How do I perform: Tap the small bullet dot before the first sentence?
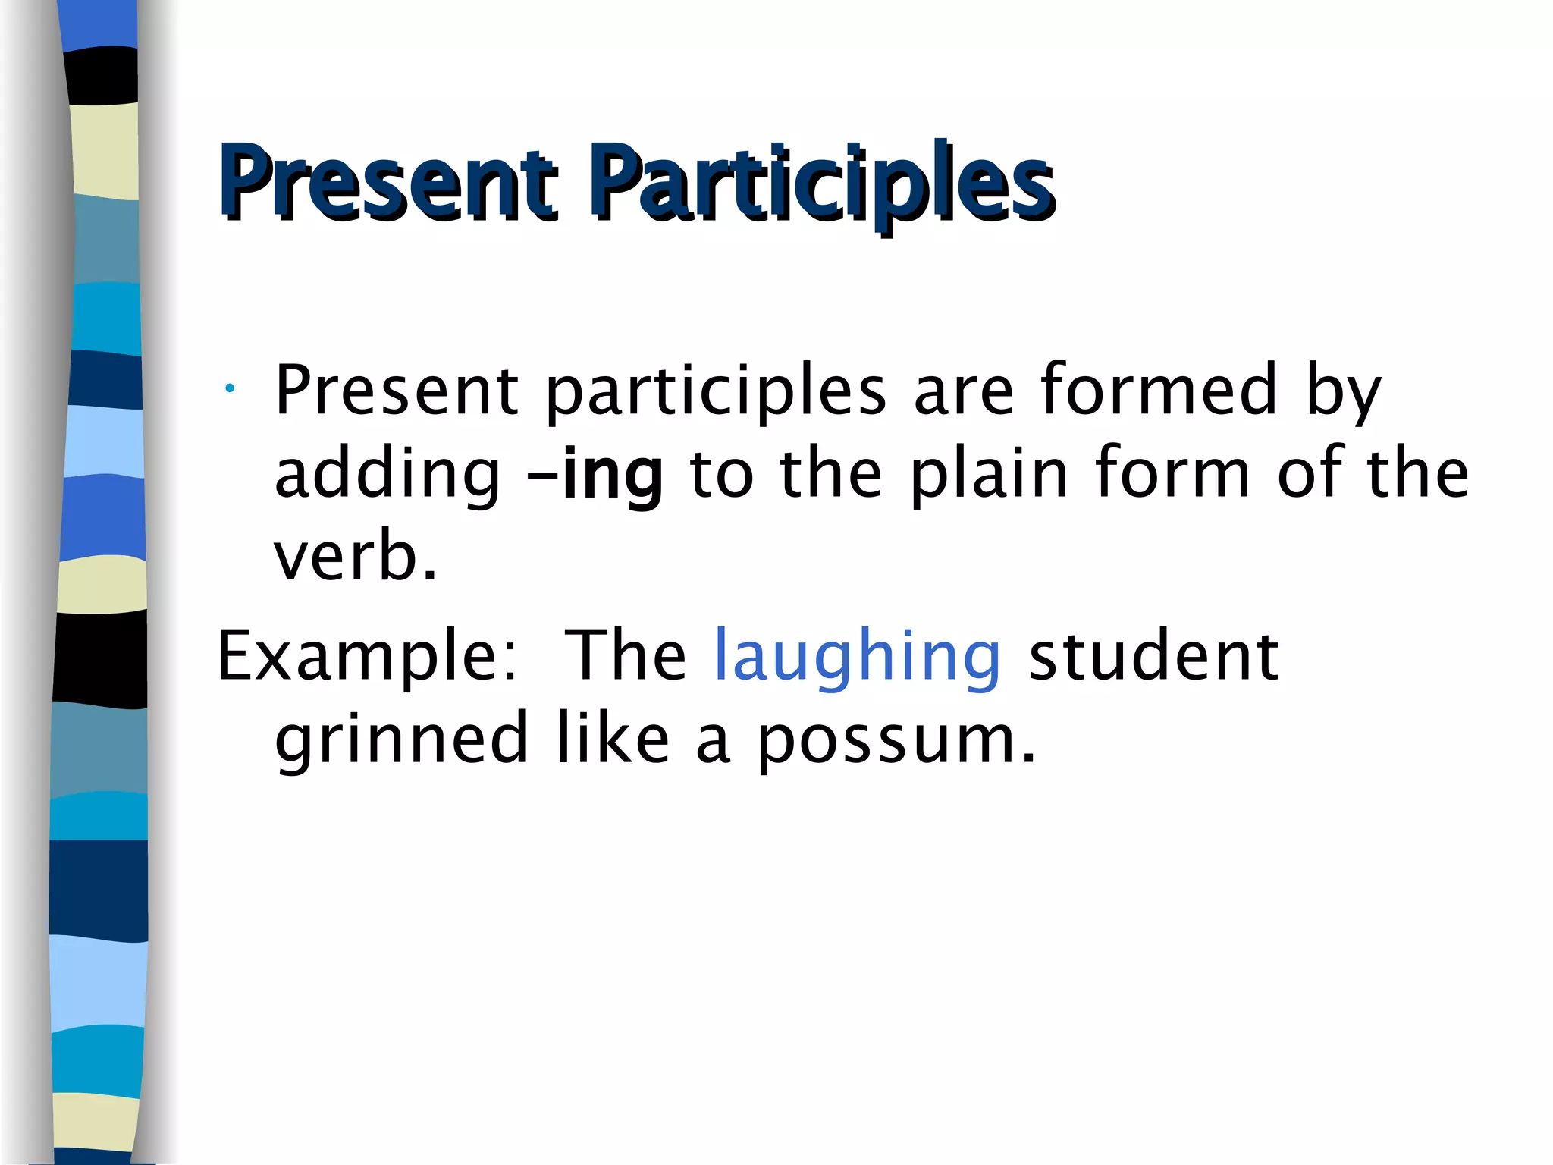(229, 389)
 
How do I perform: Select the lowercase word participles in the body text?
(715, 393)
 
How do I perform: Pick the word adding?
(387, 476)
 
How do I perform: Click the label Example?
(368, 657)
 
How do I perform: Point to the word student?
(1153, 655)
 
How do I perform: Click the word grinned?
(401, 740)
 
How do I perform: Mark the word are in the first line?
(963, 391)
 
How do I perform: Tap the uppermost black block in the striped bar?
(102, 76)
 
